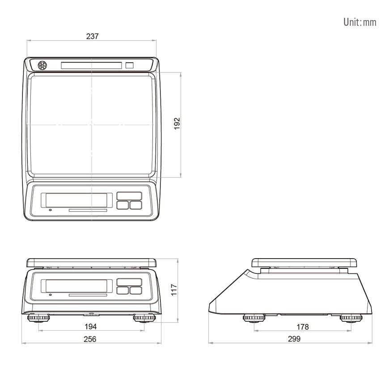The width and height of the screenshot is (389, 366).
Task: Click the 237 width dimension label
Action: pyautogui.click(x=92, y=36)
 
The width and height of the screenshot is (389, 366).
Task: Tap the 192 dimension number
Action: pyautogui.click(x=177, y=123)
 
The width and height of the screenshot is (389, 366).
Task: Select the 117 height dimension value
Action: pyautogui.click(x=174, y=290)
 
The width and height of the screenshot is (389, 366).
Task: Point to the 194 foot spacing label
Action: pyautogui.click(x=91, y=326)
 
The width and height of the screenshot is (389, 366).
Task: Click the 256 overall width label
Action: pyautogui.click(x=90, y=339)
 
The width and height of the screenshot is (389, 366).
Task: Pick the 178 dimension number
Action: pyautogui.click(x=303, y=327)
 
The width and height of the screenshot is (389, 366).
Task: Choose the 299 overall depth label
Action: pyautogui.click(x=294, y=339)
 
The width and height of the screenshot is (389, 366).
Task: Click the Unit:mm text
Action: pyautogui.click(x=360, y=22)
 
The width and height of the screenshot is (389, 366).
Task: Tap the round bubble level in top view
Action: pyautogui.click(x=42, y=66)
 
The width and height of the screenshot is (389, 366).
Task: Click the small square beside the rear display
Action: pyautogui.click(x=129, y=65)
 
